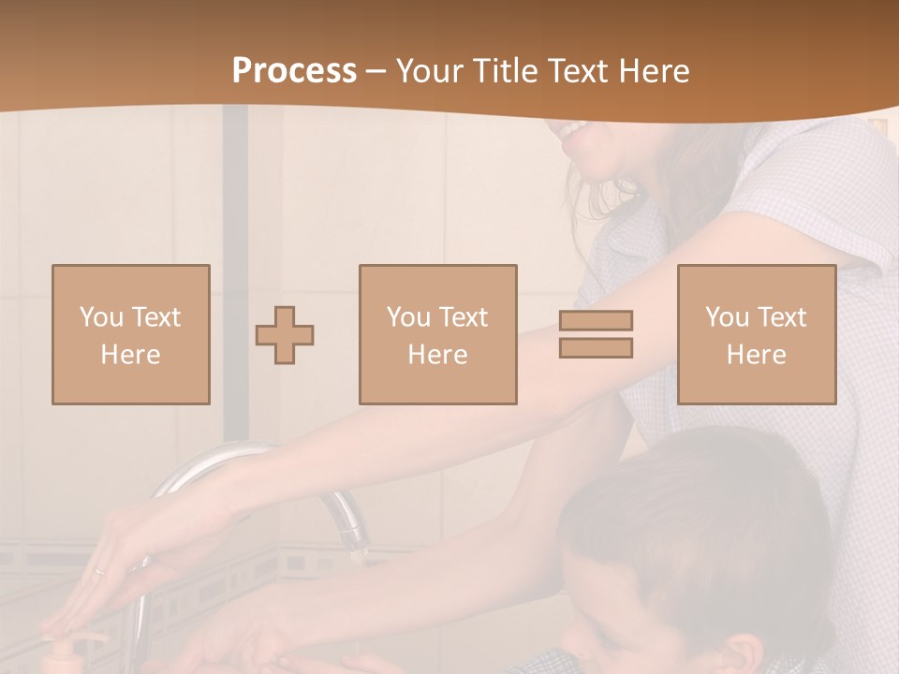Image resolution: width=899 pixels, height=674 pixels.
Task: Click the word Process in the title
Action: [294, 71]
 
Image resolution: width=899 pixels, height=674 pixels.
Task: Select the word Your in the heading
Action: [430, 71]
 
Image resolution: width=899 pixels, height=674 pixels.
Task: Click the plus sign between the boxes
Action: [285, 335]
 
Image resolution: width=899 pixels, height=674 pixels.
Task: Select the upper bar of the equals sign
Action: [596, 320]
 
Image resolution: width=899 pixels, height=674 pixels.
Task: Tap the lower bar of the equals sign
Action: [596, 348]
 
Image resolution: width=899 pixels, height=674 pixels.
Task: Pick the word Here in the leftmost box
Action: [130, 355]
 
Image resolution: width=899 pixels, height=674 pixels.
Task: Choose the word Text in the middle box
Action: [463, 317]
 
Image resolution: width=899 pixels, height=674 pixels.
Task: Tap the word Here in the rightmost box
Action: [756, 355]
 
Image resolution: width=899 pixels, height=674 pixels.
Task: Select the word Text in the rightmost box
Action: [781, 317]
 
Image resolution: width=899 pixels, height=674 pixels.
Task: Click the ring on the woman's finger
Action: [98, 570]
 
